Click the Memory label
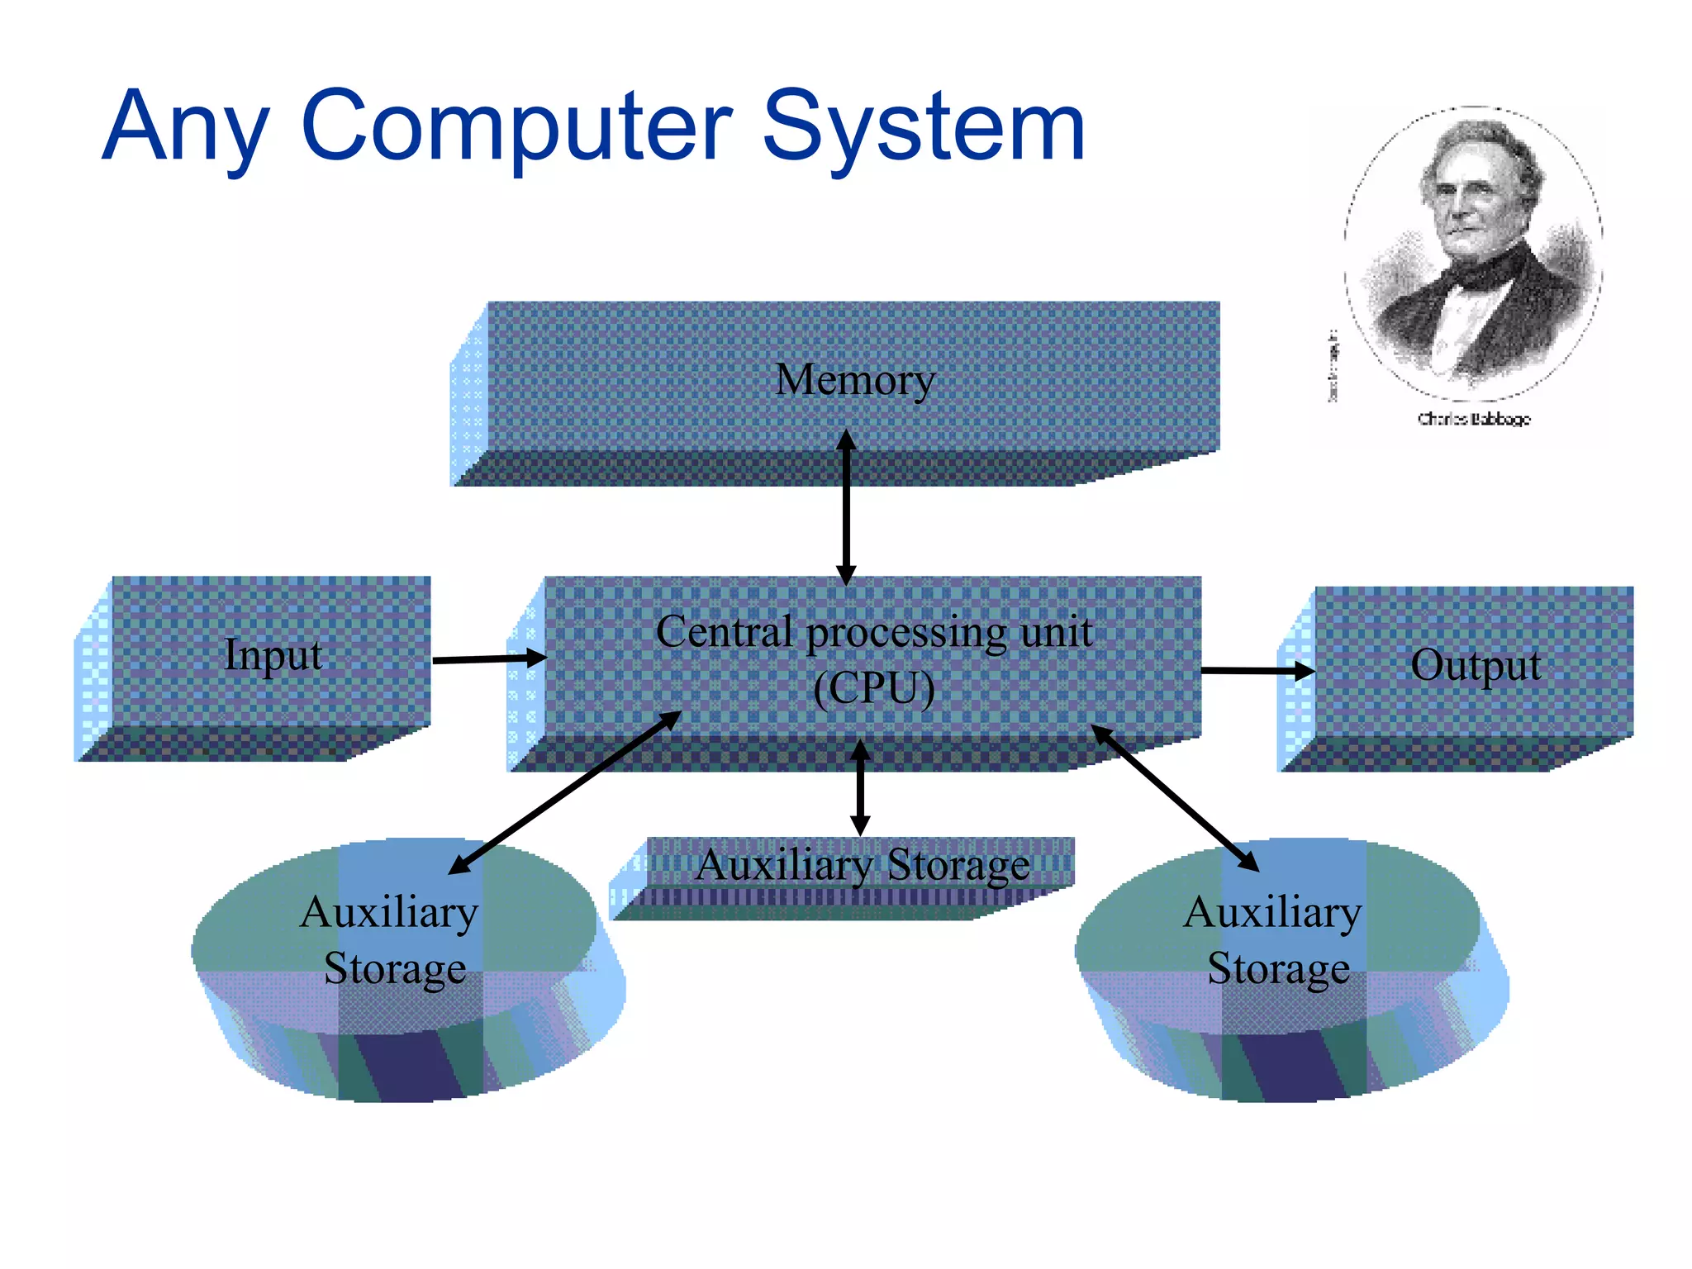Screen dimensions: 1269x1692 [x=855, y=380]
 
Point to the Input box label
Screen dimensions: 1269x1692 [x=273, y=655]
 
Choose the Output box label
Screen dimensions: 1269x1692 [x=1476, y=665]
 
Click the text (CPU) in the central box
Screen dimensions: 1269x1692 [x=873, y=687]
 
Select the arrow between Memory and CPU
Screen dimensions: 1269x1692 [x=845, y=508]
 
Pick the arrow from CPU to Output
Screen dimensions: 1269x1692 [x=1257, y=671]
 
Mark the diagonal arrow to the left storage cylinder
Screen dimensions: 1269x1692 [x=564, y=792]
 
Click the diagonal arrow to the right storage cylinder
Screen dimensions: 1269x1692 [x=1175, y=797]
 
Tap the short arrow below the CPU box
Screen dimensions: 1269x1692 [x=860, y=787]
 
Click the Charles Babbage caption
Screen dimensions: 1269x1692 [x=1474, y=419]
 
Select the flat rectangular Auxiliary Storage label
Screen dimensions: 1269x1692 [x=863, y=866]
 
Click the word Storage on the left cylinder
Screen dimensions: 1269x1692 [x=395, y=968]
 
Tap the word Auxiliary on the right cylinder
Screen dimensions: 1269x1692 [x=1272, y=913]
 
